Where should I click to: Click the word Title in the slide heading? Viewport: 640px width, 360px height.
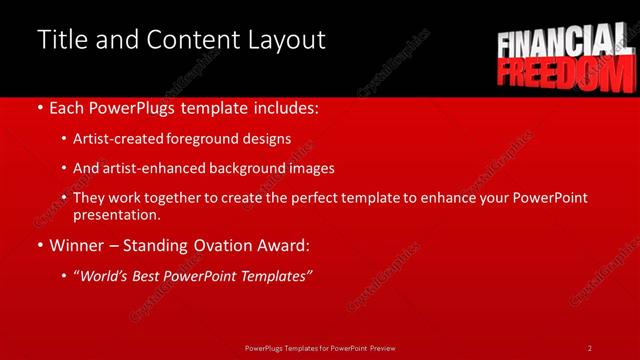point(63,40)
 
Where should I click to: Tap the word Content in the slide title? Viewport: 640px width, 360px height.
point(193,40)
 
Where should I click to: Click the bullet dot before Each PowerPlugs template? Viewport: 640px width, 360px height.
point(39,107)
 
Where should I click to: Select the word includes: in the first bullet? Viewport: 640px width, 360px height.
point(285,107)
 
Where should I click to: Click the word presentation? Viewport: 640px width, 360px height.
point(117,214)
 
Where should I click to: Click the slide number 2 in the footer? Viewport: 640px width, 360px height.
point(590,348)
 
